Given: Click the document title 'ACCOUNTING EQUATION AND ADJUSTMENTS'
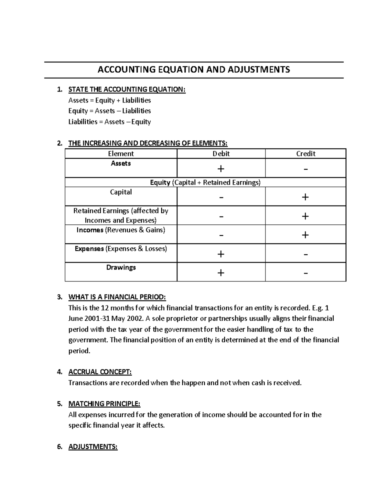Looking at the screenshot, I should pos(194,69).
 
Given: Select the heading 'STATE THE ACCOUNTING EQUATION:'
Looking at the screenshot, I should pos(127,90).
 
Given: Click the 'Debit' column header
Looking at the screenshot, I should pos(221,154).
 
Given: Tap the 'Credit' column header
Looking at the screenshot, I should pos(306,154).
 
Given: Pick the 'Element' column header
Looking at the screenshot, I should pos(121,154).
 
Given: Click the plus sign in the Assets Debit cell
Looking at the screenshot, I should pos(221,169).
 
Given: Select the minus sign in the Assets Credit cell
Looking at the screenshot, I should pos(306,169).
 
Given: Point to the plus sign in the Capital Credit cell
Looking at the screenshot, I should pos(305,197).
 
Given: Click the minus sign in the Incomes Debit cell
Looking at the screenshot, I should pos(221,235).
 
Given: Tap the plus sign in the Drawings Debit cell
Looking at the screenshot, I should pos(221,273).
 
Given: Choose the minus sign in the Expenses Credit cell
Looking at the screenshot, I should pos(306,254).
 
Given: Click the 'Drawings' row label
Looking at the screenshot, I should pos(121,268).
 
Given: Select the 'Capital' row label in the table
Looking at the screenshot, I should pos(121,192).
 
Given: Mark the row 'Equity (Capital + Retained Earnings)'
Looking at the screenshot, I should pos(205,183).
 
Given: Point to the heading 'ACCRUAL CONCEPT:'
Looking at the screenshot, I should pos(100,372).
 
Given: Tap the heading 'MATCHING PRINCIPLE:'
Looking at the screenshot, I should pos(104,404).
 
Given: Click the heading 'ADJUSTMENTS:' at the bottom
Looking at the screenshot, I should pos(93,447).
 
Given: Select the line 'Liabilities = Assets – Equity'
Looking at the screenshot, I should pos(110,122).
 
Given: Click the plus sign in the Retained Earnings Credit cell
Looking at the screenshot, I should pos(305,216).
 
